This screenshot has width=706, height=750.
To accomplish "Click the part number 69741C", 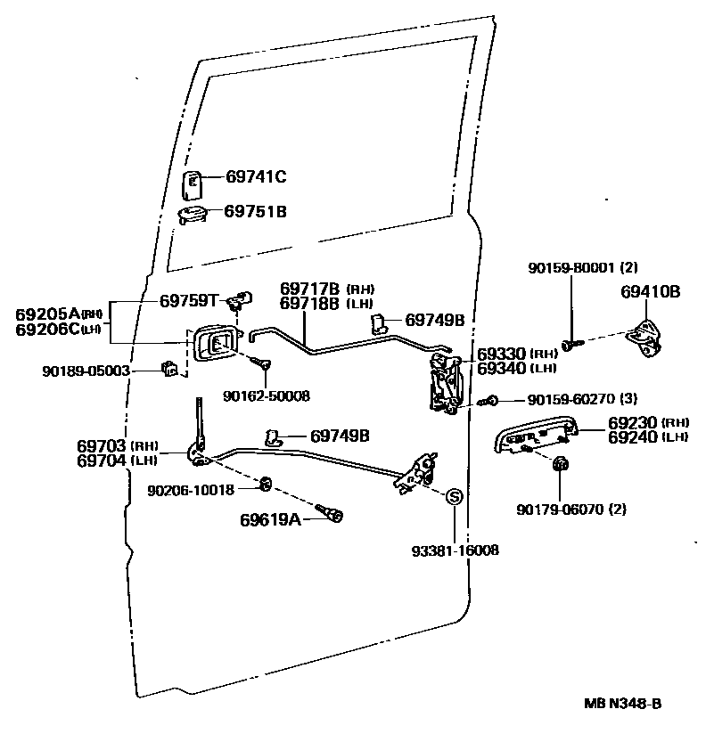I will coord(255,177).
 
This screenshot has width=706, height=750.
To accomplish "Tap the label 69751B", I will coord(255,211).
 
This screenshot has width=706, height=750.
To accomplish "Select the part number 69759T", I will coord(189,300).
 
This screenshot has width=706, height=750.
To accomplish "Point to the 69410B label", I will coord(651,291).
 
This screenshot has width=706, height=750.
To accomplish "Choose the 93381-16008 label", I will coord(455,550).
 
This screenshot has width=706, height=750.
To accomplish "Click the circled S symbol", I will coord(452,497).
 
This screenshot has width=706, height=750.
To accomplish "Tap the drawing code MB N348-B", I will coord(623,704).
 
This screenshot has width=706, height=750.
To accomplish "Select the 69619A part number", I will coord(270,518).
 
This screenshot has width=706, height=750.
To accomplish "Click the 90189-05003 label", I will coord(86,370).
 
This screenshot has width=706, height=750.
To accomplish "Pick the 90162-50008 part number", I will coord(267,395).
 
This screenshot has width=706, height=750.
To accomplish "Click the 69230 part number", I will coord(633,423).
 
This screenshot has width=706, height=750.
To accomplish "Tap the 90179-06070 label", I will coord(559,510).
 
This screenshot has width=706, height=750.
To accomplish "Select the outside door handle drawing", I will coord(533,436).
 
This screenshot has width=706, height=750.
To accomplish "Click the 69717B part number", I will coord(310,289).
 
